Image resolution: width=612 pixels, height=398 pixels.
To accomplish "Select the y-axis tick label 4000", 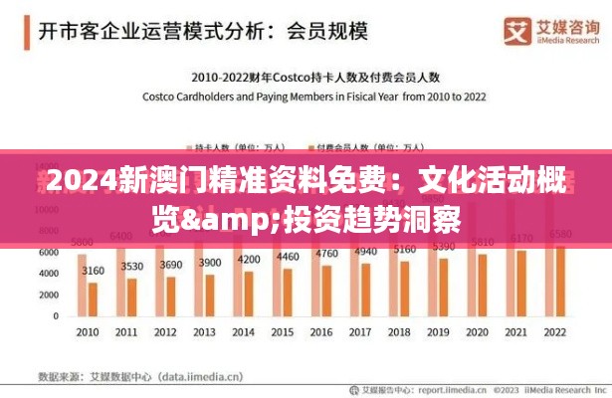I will (x=49, y=274).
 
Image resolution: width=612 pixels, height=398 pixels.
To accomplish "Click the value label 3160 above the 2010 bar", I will (x=94, y=271).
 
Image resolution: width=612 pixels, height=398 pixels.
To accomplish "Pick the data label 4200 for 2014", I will (x=249, y=259).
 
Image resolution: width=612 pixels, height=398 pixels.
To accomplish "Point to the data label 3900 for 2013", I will (x=210, y=263).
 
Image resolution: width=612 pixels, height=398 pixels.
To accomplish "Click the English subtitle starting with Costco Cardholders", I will (x=313, y=97).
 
